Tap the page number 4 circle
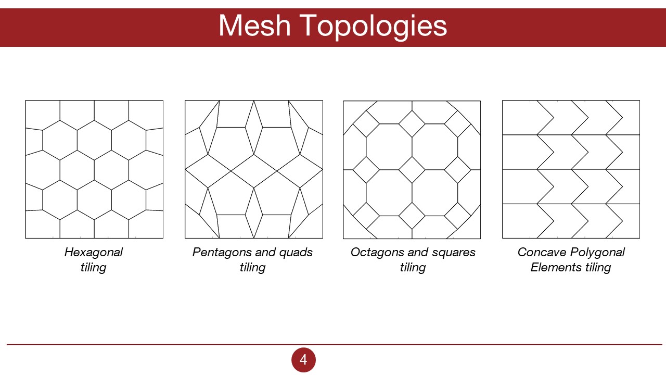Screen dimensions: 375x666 pos(303,360)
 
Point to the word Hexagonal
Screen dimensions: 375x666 pos(94,253)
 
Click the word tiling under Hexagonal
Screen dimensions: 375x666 pos(94,268)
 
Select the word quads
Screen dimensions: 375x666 pos(295,253)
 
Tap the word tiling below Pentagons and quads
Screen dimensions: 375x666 pos(252,268)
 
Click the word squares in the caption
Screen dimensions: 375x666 pos(454,253)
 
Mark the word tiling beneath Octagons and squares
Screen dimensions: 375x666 pos(413,268)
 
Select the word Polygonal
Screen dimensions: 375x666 pos(597,253)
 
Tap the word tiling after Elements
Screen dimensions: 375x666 pos(597,268)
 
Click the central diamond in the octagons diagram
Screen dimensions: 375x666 pos(412,169)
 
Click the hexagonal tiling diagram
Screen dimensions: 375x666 pos(94,169)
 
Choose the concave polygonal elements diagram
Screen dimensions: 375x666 pos(571,169)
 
